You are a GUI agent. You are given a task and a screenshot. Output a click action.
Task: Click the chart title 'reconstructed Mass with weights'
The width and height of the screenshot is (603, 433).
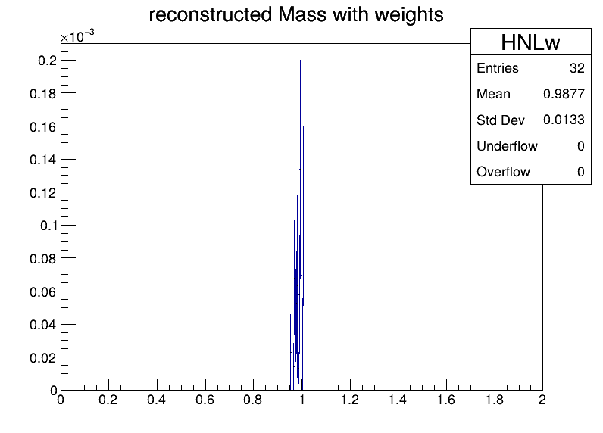point(296,14)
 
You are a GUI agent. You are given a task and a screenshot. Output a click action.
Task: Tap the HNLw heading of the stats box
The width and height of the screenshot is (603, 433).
point(530,42)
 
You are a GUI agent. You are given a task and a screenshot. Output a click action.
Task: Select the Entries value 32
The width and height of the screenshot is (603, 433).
point(576,68)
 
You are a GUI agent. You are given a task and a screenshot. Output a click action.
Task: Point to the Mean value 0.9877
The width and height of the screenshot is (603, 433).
point(564,94)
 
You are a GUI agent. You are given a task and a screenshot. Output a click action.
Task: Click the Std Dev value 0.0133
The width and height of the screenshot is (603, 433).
point(564,120)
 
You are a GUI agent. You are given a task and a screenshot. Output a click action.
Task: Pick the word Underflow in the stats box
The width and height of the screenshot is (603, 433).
point(507,146)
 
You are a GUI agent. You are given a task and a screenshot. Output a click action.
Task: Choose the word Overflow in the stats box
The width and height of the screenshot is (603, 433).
point(503,172)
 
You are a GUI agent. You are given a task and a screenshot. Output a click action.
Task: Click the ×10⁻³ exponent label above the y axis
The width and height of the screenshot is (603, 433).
point(77,36)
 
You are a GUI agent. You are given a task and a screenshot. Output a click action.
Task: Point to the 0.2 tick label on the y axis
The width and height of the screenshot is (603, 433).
point(47,61)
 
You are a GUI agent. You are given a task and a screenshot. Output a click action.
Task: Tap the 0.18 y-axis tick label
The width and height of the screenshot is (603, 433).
point(43,93)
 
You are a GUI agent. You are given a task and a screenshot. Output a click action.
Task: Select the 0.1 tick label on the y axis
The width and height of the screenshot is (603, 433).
point(48,225)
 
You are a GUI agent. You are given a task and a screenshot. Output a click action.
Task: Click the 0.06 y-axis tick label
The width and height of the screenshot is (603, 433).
point(43,291)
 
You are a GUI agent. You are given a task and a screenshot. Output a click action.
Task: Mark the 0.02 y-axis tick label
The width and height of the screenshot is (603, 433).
point(43,358)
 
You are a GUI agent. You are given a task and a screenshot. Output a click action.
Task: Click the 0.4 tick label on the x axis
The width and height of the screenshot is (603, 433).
point(156,400)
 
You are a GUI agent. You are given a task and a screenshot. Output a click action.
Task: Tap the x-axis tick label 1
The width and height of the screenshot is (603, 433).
point(302,400)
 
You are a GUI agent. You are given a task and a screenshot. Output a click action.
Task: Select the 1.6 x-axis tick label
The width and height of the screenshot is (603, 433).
point(445,400)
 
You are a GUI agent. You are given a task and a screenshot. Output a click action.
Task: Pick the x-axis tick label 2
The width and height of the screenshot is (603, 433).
point(542,400)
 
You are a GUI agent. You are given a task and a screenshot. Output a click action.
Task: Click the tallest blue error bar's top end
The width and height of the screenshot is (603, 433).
point(300,60)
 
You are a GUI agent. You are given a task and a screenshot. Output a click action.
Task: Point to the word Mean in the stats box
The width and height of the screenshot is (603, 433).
point(493,94)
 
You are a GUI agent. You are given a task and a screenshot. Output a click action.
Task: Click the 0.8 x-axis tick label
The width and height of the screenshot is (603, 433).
point(253,400)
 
